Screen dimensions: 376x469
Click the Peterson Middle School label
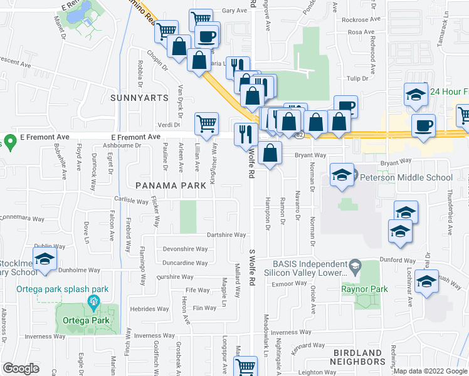click(x=406, y=177)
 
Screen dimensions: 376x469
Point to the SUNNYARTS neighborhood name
click(x=139, y=98)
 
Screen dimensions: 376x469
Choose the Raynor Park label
click(x=364, y=289)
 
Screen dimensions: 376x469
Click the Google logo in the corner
click(x=21, y=368)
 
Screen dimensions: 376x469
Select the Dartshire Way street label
click(x=226, y=235)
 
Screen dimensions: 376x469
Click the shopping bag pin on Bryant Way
click(x=270, y=153)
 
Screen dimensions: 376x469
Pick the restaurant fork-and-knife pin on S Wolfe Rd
click(x=245, y=134)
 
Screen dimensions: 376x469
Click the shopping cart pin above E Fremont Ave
click(x=206, y=123)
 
